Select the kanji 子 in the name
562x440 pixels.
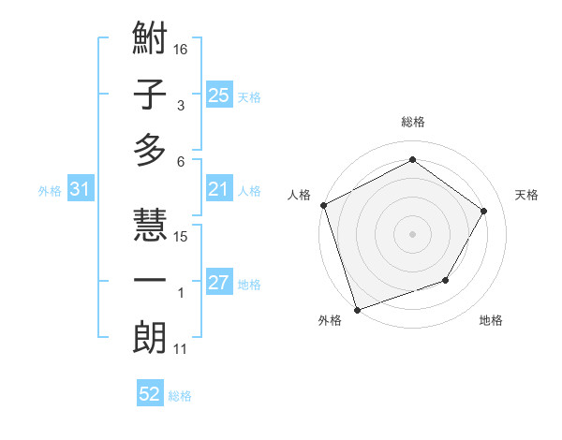click(x=150, y=95)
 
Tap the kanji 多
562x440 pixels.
click(x=150, y=150)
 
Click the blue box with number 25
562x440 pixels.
click(x=218, y=95)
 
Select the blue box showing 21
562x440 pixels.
click(x=218, y=190)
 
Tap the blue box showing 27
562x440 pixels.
click(x=218, y=284)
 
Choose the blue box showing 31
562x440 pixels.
click(x=81, y=190)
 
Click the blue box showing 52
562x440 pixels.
click(x=150, y=394)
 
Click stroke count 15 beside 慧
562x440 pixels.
click(x=182, y=236)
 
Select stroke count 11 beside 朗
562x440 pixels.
click(x=181, y=349)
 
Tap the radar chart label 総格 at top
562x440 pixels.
click(x=412, y=122)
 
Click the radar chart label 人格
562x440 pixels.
click(x=301, y=195)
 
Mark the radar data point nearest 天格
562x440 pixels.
click(x=483, y=211)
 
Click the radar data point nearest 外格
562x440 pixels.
click(x=358, y=309)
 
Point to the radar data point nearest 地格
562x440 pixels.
click(x=446, y=280)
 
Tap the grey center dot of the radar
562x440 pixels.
click(x=412, y=233)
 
